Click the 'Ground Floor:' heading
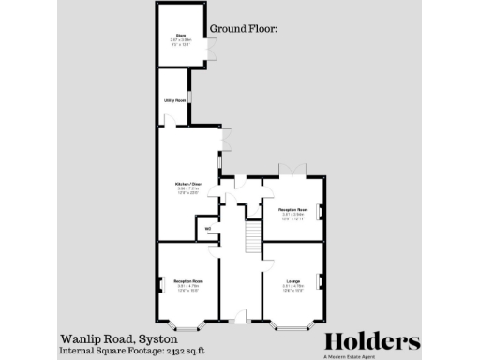pos(244,29)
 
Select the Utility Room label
pos(174,99)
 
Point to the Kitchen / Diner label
pos(188,183)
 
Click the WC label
pos(207,227)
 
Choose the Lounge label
pos(292,280)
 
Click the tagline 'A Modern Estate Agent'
pos(372,354)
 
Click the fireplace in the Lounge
pos(322,281)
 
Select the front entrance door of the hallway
pos(240,318)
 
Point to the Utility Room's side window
pos(191,99)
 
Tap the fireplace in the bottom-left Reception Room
pos(160,283)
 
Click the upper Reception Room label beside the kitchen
pos(292,210)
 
